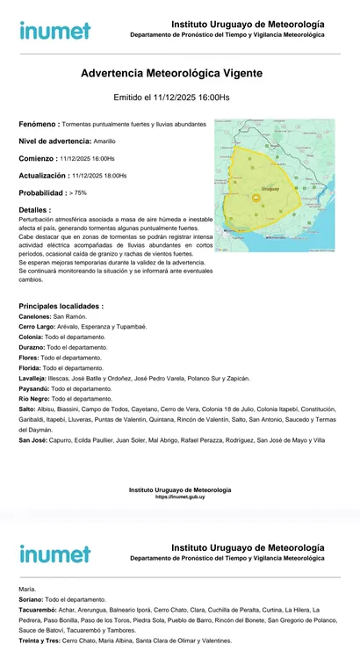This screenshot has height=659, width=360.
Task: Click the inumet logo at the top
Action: (x=54, y=31)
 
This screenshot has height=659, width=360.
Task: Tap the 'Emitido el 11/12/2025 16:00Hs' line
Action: (x=172, y=98)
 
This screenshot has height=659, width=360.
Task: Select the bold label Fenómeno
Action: (x=40, y=125)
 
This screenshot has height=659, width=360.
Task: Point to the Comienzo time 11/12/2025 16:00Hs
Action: (x=87, y=158)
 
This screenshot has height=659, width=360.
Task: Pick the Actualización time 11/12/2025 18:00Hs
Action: (x=99, y=176)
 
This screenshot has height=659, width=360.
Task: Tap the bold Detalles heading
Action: (x=34, y=210)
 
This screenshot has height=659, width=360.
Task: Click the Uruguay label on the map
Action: (x=270, y=189)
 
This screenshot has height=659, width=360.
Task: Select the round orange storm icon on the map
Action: (x=256, y=199)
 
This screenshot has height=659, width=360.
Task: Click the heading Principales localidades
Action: (x=61, y=306)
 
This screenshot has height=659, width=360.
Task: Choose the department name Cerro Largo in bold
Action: (x=38, y=326)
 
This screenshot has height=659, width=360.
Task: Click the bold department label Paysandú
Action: (x=33, y=387)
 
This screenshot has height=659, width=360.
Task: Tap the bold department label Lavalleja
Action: (x=34, y=378)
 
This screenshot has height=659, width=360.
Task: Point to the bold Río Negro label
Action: (x=35, y=398)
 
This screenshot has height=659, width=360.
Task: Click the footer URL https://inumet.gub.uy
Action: (x=180, y=496)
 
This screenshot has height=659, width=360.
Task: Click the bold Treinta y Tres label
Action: (x=40, y=641)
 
